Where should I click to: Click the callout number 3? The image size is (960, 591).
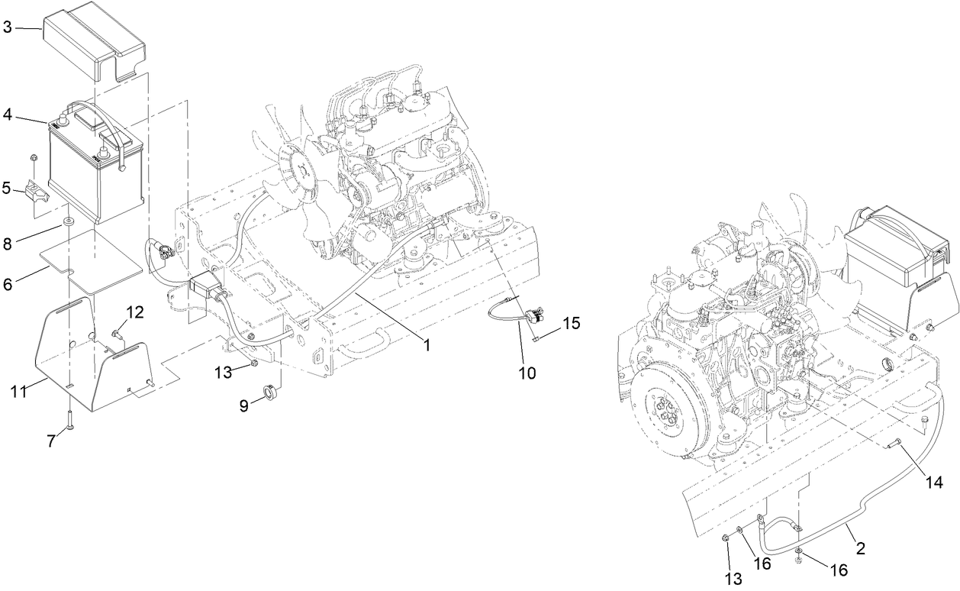[x=7, y=28]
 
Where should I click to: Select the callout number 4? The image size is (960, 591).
[x=7, y=115]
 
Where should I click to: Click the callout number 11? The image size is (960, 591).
[x=19, y=391]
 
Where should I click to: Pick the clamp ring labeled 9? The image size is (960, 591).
[x=270, y=393]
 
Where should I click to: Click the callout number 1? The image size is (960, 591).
[x=427, y=345]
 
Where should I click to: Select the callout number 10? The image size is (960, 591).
[x=527, y=373]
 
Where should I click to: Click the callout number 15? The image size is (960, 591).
[x=571, y=324]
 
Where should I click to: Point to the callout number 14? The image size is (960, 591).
[x=934, y=482]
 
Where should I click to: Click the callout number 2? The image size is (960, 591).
[x=860, y=548]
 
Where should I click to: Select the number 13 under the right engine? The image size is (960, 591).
[x=733, y=578]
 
